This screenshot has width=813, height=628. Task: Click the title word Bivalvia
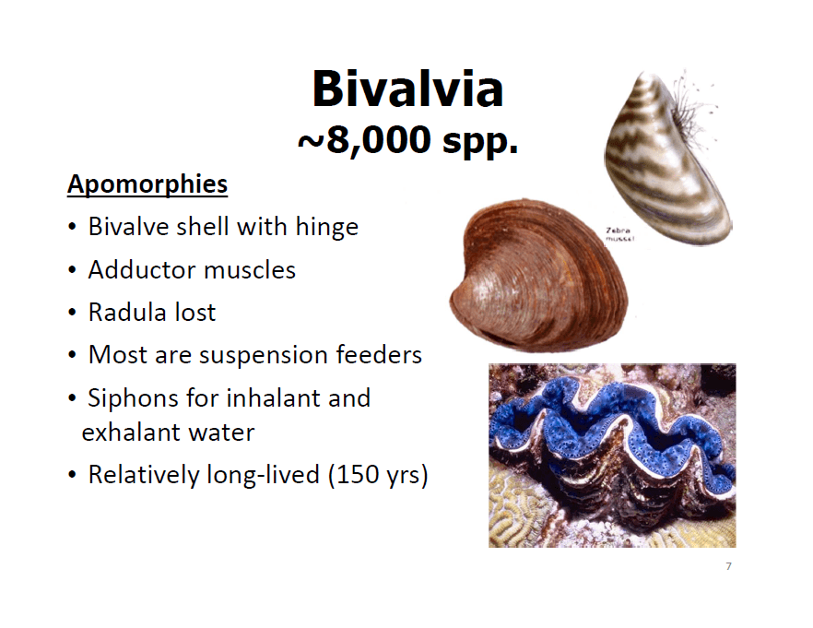click(407, 89)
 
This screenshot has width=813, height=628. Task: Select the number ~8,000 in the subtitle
click(364, 140)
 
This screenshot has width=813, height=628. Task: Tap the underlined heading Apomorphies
click(147, 184)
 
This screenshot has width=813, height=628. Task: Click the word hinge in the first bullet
click(326, 227)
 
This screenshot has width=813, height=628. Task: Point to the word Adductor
click(143, 269)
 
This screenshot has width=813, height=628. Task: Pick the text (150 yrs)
click(378, 475)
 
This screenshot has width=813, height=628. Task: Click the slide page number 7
click(728, 566)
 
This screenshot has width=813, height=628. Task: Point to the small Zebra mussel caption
click(619, 234)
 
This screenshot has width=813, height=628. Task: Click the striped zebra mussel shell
click(666, 159)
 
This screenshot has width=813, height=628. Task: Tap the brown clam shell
click(538, 275)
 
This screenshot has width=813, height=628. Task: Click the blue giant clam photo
click(612, 456)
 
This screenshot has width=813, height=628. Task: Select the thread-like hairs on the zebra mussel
click(694, 109)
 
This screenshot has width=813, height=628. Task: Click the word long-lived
click(263, 475)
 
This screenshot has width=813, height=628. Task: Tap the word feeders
click(379, 355)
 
